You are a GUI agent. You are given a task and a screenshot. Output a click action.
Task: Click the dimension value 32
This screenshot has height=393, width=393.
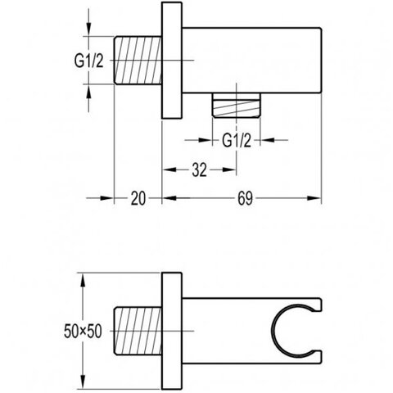tap(200, 170)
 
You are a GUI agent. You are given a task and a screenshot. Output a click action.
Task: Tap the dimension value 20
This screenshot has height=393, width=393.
tap(138, 198)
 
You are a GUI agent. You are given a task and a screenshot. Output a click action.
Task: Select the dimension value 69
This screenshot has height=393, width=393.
tap(245, 198)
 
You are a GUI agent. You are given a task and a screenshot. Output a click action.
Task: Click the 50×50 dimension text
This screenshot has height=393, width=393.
tap(83, 332)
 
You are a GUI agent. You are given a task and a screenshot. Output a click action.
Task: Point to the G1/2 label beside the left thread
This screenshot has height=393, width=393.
tap(89, 61)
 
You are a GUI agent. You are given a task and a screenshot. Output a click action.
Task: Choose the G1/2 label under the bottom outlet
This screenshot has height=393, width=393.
tap(237, 141)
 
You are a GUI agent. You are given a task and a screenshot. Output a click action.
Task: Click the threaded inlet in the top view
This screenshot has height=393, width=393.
tap(138, 60)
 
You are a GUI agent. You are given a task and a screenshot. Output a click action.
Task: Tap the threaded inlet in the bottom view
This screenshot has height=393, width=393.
tap(138, 331)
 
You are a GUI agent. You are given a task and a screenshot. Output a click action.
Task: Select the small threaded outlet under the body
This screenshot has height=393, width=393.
tap(237, 106)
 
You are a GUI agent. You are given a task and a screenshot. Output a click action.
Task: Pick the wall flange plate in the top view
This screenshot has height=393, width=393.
tap(172, 61)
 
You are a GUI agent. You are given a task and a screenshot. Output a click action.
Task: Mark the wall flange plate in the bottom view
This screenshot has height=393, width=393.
tap(172, 331)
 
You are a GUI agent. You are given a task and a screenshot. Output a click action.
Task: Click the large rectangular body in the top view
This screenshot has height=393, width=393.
tap(252, 61)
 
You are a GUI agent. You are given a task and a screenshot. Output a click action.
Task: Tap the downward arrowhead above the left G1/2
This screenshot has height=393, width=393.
tap(88, 29)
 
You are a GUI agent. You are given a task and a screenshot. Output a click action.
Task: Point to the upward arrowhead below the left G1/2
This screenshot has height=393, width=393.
tap(88, 92)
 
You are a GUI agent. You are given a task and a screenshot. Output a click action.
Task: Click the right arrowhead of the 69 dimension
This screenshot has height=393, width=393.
tap(314, 198)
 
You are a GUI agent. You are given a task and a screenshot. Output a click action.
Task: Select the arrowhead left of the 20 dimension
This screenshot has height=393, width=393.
tap(106, 198)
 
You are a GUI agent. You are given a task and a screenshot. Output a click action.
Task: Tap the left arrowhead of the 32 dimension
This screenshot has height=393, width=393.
tap(169, 169)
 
